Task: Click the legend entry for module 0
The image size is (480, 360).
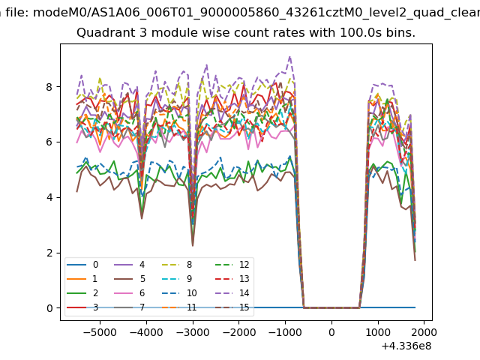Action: point(95,264)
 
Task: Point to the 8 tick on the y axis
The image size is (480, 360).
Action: point(50,86)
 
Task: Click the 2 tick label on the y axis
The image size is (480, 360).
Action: point(50,253)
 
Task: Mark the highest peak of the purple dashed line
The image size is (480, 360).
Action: point(289,56)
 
